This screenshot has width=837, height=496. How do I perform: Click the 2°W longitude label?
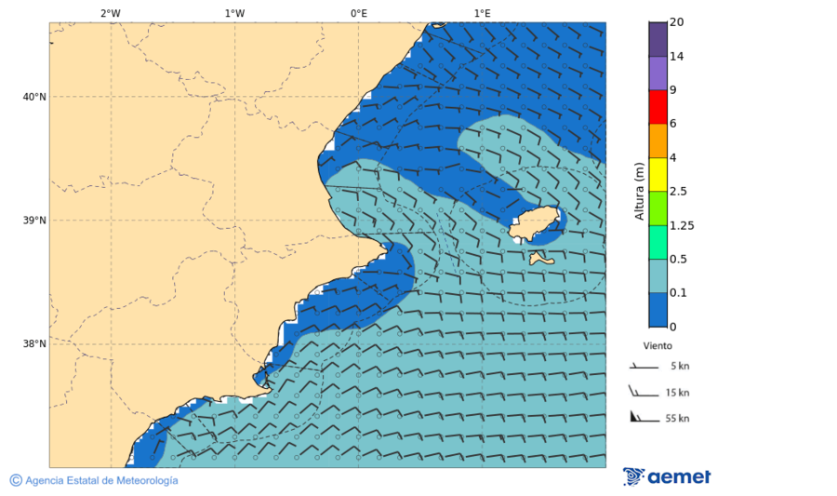tap(110, 13)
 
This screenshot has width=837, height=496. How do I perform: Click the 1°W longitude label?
tap(234, 13)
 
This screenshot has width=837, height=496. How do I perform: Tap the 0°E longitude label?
tap(358, 13)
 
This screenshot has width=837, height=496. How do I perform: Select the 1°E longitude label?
tap(482, 13)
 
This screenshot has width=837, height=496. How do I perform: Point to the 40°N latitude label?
tap(34, 97)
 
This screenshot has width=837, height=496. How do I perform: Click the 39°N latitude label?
tap(34, 221)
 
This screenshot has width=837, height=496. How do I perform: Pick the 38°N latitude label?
tap(34, 344)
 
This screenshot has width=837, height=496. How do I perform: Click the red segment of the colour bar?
tap(658, 107)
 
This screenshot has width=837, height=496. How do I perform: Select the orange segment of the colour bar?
tap(658, 141)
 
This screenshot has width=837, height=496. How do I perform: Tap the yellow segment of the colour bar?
tap(658, 174)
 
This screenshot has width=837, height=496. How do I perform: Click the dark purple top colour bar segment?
tap(658, 39)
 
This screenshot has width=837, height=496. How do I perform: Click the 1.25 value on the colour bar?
tap(683, 225)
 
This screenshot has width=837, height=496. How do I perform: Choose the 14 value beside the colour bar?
tap(677, 57)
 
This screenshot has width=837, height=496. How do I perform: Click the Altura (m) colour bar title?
tap(639, 191)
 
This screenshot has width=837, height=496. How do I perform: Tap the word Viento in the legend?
tap(658, 345)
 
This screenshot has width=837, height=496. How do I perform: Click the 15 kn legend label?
tap(677, 393)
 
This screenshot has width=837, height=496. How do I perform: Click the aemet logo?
tap(667, 476)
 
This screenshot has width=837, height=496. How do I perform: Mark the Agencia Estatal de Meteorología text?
tap(100, 480)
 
